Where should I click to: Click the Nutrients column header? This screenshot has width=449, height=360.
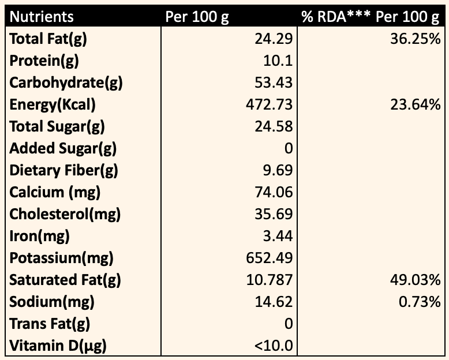42,17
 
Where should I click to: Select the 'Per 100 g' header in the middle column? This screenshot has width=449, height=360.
197,17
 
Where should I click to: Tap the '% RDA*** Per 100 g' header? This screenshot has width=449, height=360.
371,17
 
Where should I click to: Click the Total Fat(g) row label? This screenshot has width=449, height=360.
48,39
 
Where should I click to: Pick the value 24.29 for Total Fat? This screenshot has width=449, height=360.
274,39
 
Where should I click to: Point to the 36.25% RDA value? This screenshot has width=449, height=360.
415,39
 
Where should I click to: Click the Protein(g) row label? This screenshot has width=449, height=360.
44,61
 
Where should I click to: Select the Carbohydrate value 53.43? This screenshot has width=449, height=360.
274,82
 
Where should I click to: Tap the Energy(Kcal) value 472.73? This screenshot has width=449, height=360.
270,104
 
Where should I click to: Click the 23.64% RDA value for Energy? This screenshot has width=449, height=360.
415,104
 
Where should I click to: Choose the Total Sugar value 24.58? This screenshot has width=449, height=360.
274,126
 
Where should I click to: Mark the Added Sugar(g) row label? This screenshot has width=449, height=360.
63,149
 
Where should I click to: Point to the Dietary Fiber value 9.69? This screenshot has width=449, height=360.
278,170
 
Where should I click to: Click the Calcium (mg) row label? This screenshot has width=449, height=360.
55,193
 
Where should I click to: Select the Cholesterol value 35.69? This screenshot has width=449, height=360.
274,214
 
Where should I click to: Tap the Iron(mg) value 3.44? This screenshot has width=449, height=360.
278,236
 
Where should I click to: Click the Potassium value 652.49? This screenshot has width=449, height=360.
270,258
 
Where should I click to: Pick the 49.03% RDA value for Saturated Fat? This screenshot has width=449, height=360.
415,280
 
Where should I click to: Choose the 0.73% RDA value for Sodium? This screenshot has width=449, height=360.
420,302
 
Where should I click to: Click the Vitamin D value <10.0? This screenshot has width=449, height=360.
274,346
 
